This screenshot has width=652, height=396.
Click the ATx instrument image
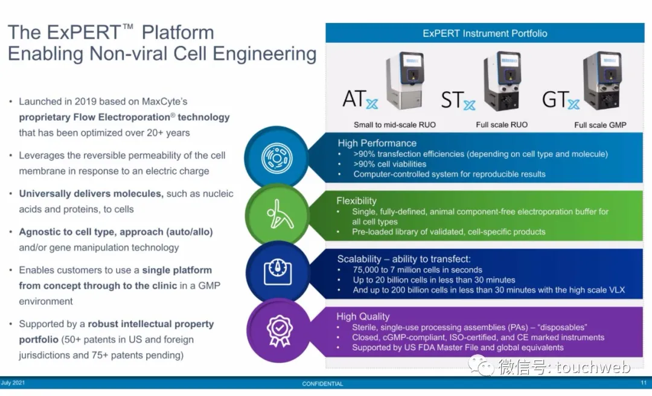tap(404, 80)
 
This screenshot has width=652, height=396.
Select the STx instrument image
tap(502, 81)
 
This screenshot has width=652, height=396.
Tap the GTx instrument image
tap(602, 81)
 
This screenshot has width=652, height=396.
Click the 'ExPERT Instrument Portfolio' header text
tap(485, 33)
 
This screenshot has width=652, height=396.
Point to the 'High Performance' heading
tap(377, 143)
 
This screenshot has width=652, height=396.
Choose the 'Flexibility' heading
tap(356, 201)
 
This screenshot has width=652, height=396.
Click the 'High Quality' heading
tap(363, 316)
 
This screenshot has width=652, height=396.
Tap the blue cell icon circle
tap(276, 158)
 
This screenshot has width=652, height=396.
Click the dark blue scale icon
tap(278, 272)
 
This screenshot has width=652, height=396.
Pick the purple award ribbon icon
tap(279, 330)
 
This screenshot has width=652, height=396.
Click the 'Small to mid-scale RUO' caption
tap(395, 125)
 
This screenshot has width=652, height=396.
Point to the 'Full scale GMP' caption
tap(600, 125)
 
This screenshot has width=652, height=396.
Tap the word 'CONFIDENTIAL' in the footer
tap(322, 384)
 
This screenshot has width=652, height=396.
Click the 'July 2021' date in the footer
tap(13, 383)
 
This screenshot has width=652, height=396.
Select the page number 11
tap(644, 383)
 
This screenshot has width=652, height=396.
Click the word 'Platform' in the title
tap(177, 33)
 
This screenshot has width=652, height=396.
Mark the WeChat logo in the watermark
tap(481, 366)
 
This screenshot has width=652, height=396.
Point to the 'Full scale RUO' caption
tap(502, 125)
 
